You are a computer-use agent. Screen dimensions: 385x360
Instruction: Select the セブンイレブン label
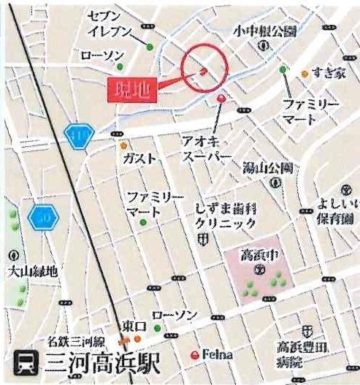coord(110,24)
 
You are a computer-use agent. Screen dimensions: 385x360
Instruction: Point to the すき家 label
coord(326,72)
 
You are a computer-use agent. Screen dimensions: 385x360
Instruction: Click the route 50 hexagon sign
coord(42,217)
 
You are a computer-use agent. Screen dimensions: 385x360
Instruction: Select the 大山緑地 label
coord(31,272)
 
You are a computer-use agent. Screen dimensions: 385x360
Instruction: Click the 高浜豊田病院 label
coord(299,354)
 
